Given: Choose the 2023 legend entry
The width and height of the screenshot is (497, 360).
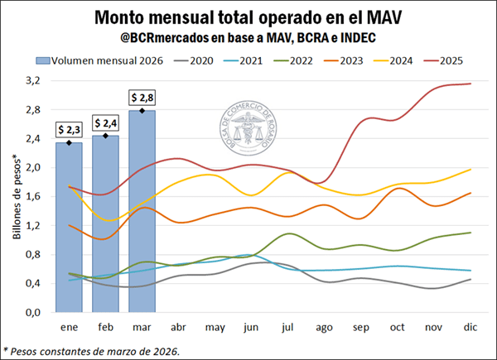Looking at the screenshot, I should pos(355,60).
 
